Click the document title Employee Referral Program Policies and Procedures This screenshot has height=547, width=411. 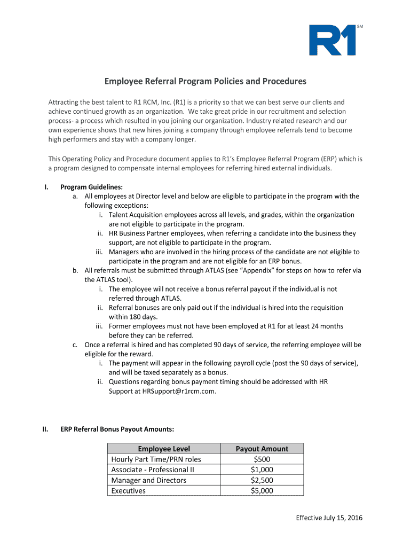click(205, 81)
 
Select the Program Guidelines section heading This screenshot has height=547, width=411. click(91, 187)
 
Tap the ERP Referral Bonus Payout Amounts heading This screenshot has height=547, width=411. click(117, 429)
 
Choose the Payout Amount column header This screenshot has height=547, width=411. click(262, 449)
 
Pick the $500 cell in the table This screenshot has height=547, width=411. click(262, 459)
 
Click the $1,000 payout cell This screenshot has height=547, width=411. click(262, 470)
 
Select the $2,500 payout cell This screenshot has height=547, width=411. click(262, 480)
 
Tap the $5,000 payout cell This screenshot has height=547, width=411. click(262, 490)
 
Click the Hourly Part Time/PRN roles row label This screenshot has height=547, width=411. click(156, 459)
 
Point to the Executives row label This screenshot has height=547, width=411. click(128, 490)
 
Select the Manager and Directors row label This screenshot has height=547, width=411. click(148, 480)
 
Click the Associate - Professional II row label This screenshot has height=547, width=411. click(153, 470)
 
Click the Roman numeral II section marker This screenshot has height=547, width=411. click(46, 429)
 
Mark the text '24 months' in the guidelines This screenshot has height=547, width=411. click(326, 326)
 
